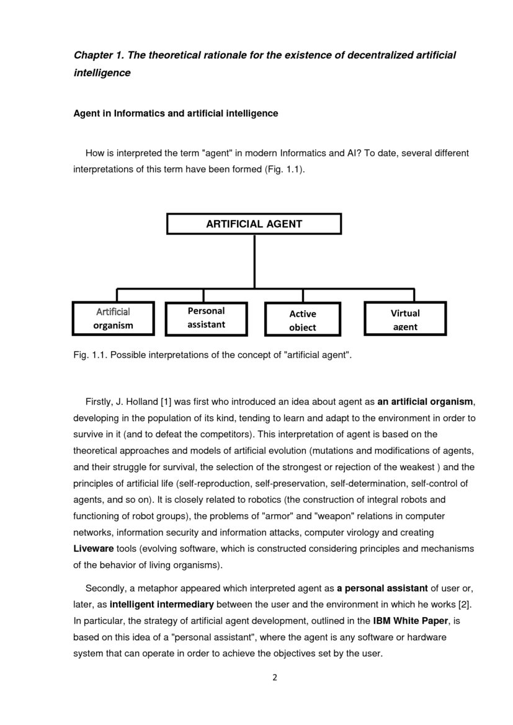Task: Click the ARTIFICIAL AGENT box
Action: point(254,224)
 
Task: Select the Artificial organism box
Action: point(113,318)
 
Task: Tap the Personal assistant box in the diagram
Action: point(206,318)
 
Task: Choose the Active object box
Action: point(303,320)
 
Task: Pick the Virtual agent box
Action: point(404,319)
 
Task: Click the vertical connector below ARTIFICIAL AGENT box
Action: point(254,260)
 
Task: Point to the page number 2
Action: point(275,677)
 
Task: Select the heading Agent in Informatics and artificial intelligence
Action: point(176,113)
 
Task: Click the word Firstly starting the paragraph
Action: point(99,401)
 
